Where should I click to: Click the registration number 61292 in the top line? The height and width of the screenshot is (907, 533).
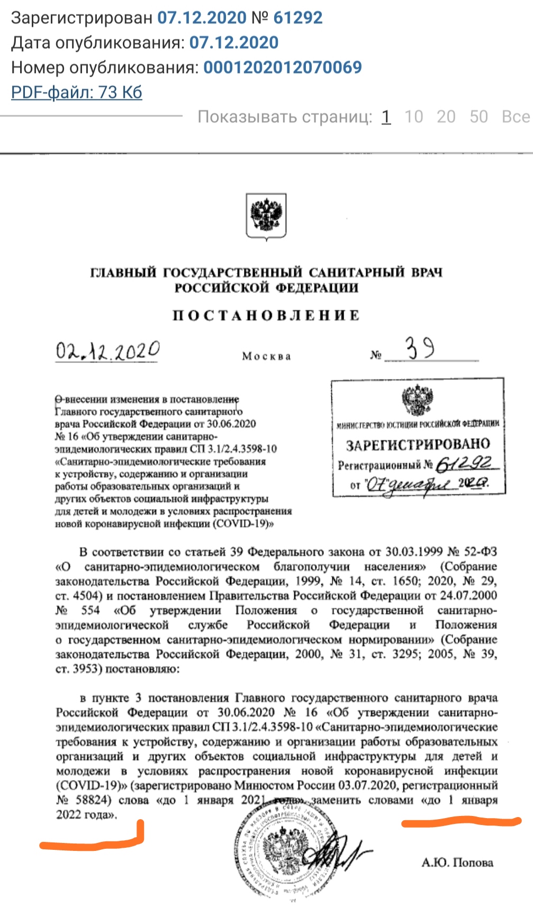pyautogui.click(x=297, y=17)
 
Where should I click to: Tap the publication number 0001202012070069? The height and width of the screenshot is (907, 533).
pyautogui.click(x=283, y=67)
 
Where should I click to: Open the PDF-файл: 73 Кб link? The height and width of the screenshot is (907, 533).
pyautogui.click(x=77, y=92)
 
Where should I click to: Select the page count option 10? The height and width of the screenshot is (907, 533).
pyautogui.click(x=413, y=116)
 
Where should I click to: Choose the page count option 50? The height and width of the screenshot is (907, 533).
pyautogui.click(x=478, y=116)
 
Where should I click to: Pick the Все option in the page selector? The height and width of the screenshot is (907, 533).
pyautogui.click(x=516, y=116)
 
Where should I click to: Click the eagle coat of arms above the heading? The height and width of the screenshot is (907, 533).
pyautogui.click(x=266, y=216)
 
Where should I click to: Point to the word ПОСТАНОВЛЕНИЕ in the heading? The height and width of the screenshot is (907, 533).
pyautogui.click(x=266, y=315)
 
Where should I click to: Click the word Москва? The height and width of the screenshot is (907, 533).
pyautogui.click(x=266, y=356)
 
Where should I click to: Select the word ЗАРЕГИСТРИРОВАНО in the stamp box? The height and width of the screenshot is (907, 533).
pyautogui.click(x=418, y=445)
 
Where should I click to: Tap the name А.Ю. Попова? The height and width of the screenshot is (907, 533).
pyautogui.click(x=457, y=863)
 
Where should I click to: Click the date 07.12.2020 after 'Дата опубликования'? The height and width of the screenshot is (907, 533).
pyautogui.click(x=234, y=42)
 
